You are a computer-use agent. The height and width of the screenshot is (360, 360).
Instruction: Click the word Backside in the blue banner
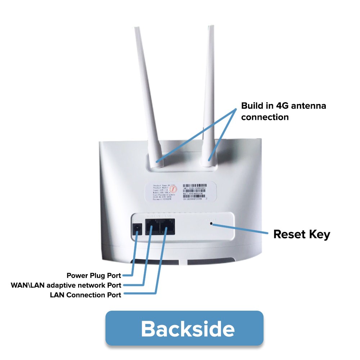tap(188, 328)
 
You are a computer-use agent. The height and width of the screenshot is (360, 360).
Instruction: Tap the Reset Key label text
tap(301, 234)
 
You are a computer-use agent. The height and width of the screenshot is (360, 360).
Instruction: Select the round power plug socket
tap(137, 228)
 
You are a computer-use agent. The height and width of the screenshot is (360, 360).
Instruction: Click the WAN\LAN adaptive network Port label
tap(66, 285)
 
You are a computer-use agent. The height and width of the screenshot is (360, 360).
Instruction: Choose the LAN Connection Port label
tap(85, 295)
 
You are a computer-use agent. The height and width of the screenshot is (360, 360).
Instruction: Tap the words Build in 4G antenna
tap(284, 106)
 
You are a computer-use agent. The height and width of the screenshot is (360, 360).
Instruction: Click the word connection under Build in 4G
tap(265, 117)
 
